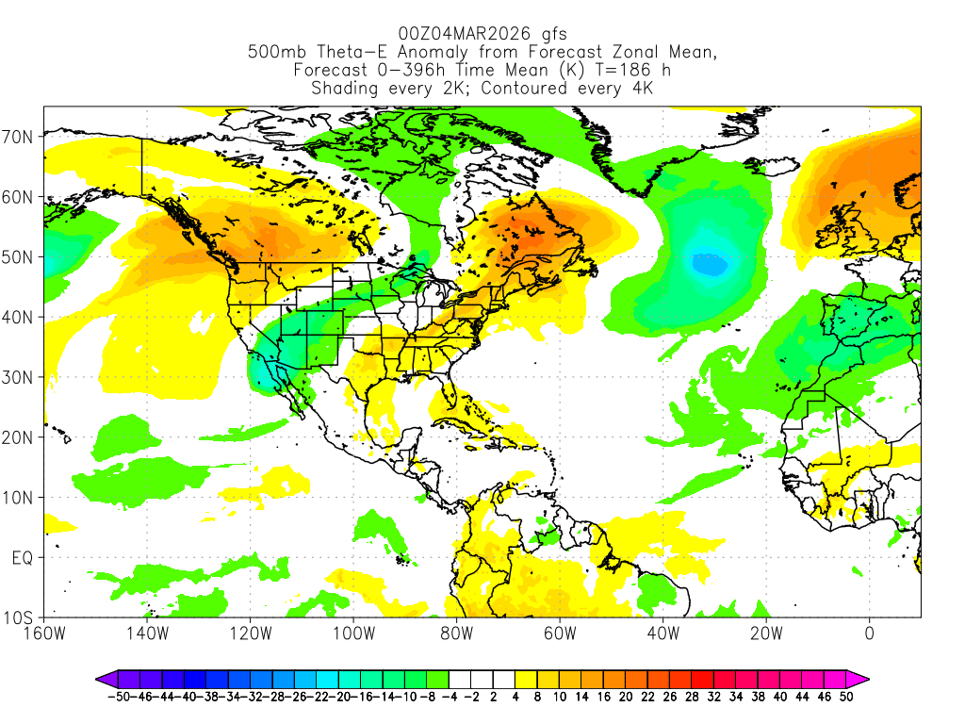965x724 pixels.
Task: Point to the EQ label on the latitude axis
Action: click(x=23, y=558)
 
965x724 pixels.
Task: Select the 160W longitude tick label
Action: click(x=44, y=633)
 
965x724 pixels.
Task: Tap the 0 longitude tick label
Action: click(x=869, y=633)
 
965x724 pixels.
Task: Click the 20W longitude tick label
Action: click(x=765, y=633)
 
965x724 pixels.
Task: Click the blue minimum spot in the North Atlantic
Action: click(x=710, y=265)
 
